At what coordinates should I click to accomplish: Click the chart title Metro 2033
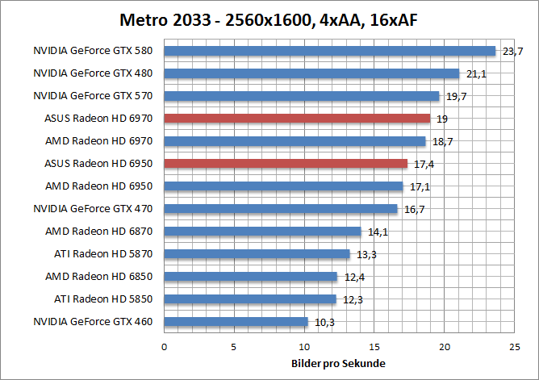tap(269, 19)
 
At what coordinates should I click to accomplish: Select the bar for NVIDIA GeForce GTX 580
tap(329, 51)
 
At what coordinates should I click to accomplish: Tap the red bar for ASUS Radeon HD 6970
tap(297, 119)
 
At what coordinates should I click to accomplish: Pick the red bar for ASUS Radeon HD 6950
tap(286, 164)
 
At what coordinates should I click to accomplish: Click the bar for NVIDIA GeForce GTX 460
tap(236, 322)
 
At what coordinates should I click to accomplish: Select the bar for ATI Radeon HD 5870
tap(257, 254)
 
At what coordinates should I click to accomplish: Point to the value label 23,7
tap(512, 52)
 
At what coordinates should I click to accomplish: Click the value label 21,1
tap(476, 74)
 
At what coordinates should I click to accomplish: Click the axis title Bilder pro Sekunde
tap(338, 363)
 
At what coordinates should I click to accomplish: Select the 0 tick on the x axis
tap(165, 347)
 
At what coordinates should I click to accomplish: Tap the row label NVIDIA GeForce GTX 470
tap(94, 209)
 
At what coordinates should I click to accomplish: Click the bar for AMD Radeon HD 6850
tap(250, 277)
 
